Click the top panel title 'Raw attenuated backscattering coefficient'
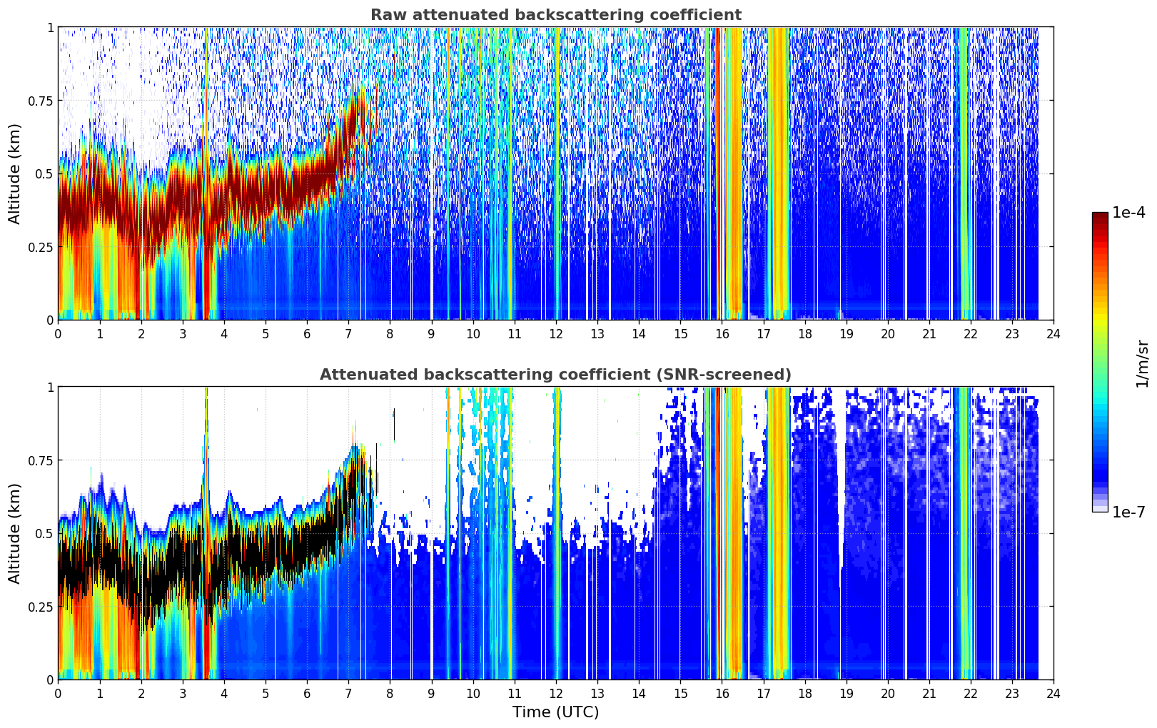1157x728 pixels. (556, 14)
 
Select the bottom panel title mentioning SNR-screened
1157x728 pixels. (556, 374)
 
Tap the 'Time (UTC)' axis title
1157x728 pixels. (556, 712)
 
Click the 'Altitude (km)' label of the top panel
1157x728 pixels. (14, 173)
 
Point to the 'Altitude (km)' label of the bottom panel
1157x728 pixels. (14, 533)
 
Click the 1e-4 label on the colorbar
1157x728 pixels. (1128, 212)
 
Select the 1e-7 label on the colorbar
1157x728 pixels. (1128, 512)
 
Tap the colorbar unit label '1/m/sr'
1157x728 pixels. (1142, 363)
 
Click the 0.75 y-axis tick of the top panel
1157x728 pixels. (41, 101)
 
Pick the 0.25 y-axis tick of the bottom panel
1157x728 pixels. (41, 607)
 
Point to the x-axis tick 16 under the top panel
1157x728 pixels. (722, 333)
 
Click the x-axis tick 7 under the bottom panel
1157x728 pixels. (348, 694)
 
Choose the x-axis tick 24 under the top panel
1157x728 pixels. (1054, 333)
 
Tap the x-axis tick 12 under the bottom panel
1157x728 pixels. (556, 694)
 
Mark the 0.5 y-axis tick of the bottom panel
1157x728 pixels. (44, 533)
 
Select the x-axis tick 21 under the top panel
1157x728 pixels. (929, 333)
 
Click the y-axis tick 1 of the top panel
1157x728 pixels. (51, 27)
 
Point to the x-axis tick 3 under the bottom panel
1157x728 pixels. (182, 694)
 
